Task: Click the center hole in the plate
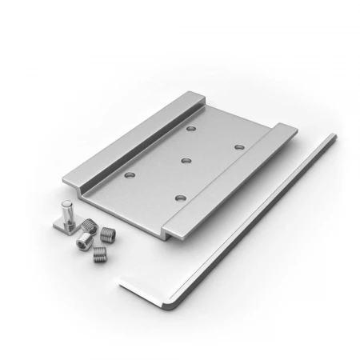coord(185,161)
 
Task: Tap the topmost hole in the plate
coord(190,128)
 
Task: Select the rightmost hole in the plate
coord(238,147)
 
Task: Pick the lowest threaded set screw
coord(99,255)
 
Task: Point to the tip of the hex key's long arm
coord(331,138)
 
